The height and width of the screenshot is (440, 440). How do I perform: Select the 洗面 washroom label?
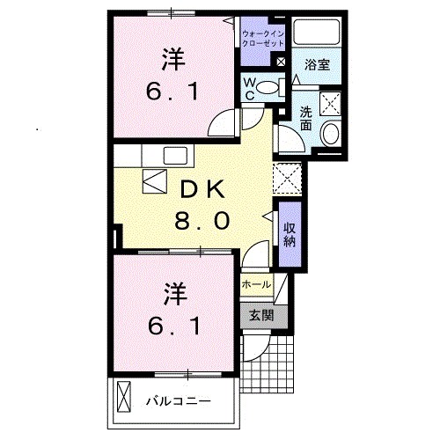pyautogui.click(x=305, y=118)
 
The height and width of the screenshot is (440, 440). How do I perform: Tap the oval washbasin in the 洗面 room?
pyautogui.click(x=330, y=134)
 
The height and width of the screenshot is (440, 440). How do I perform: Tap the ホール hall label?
pyautogui.click(x=256, y=285)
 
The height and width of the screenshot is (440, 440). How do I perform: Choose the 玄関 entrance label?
pyautogui.click(x=260, y=314)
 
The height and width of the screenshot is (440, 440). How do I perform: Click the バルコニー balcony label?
pyautogui.click(x=179, y=401)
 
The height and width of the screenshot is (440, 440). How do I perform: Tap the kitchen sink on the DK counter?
pyautogui.click(x=172, y=156)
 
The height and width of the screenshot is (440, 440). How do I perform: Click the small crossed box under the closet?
pyautogui.click(x=279, y=63)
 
